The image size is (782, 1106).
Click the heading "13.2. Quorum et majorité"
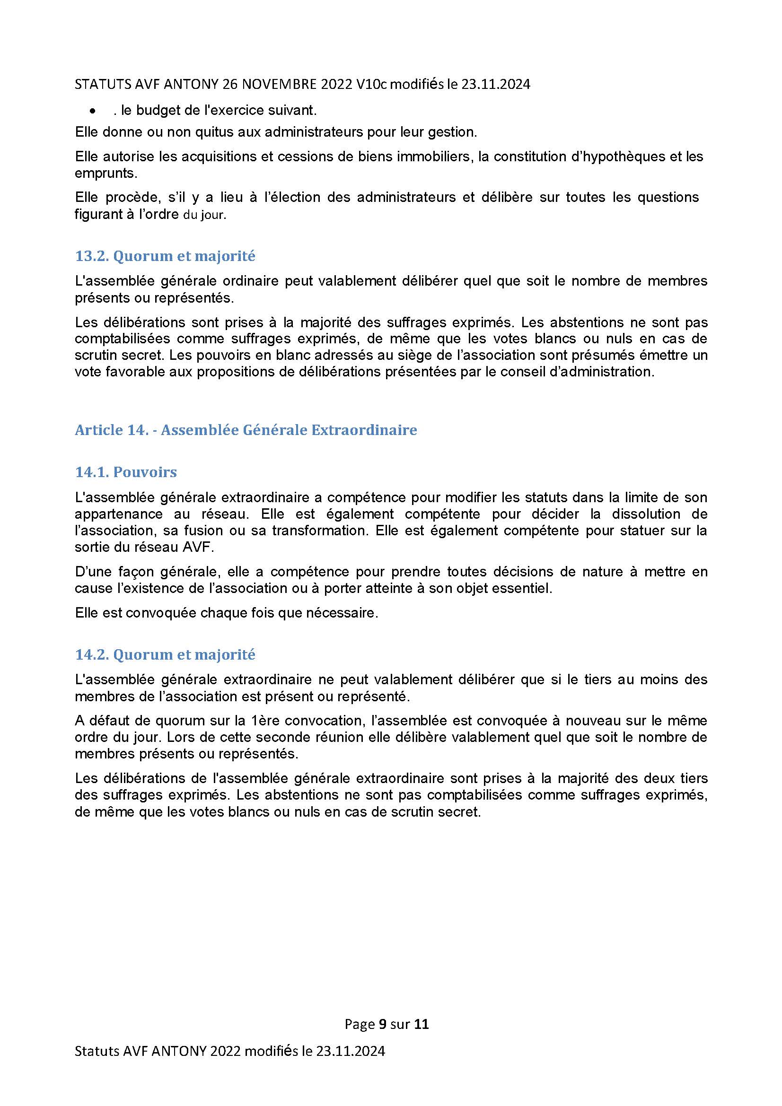[x=165, y=256]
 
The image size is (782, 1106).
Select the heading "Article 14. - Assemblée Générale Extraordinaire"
[x=246, y=430]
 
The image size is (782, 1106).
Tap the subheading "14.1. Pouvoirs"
[x=126, y=472]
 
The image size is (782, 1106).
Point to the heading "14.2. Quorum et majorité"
[x=165, y=654]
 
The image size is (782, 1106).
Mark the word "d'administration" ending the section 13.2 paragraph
[x=602, y=372]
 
